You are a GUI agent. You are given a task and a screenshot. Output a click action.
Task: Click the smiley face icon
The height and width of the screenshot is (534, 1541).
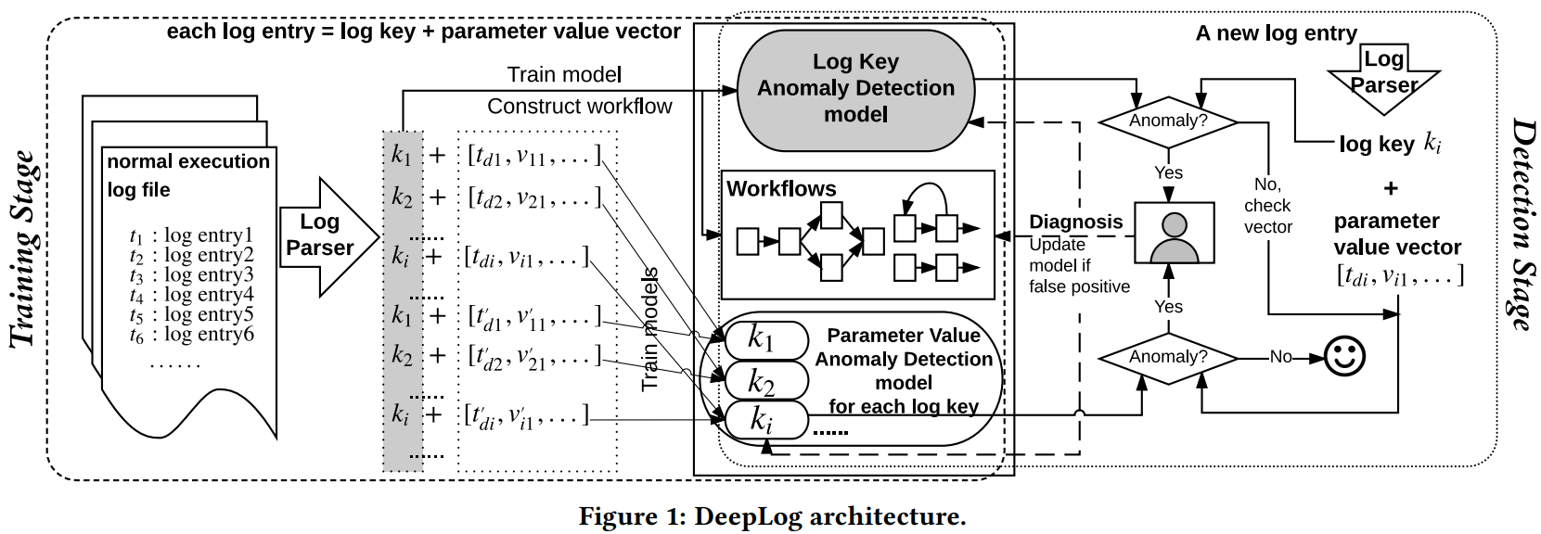pyautogui.click(x=1344, y=357)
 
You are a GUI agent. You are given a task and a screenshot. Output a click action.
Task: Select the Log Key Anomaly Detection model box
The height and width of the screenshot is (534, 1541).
pyautogui.click(x=855, y=89)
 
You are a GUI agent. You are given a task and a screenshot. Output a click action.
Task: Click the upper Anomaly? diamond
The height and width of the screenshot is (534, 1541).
pyautogui.click(x=1168, y=121)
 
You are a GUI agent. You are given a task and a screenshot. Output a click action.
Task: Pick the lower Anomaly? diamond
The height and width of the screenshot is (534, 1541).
pyautogui.click(x=1168, y=357)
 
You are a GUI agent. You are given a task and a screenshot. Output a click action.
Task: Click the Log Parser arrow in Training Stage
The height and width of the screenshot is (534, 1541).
pyautogui.click(x=326, y=235)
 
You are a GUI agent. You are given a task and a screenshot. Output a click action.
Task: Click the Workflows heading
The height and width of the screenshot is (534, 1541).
pyautogui.click(x=781, y=189)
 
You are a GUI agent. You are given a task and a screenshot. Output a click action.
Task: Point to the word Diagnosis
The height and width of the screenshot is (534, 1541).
pyautogui.click(x=1075, y=222)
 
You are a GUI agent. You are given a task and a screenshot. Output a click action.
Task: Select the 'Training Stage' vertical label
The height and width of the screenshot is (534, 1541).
pyautogui.click(x=25, y=250)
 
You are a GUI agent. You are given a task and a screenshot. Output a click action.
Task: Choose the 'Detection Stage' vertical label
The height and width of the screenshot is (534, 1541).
pyautogui.click(x=1519, y=224)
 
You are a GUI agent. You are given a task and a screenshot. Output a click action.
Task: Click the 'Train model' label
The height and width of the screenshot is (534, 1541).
pyautogui.click(x=564, y=75)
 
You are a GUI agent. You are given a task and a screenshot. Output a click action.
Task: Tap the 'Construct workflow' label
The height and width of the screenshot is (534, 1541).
pyautogui.click(x=579, y=107)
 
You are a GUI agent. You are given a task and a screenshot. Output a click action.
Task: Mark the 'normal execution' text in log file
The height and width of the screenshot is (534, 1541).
pyautogui.click(x=188, y=161)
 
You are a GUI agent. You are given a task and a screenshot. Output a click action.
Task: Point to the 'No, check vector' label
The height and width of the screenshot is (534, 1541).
pyautogui.click(x=1267, y=206)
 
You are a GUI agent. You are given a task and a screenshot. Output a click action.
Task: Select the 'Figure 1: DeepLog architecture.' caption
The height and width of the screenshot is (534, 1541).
pyautogui.click(x=772, y=516)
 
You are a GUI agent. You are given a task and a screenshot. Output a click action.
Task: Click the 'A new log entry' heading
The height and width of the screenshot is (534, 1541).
pyautogui.click(x=1276, y=33)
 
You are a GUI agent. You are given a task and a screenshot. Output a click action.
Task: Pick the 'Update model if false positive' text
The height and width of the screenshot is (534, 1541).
pyautogui.click(x=1079, y=265)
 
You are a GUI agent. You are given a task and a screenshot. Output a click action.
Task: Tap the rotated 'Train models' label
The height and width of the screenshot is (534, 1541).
pyautogui.click(x=650, y=329)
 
